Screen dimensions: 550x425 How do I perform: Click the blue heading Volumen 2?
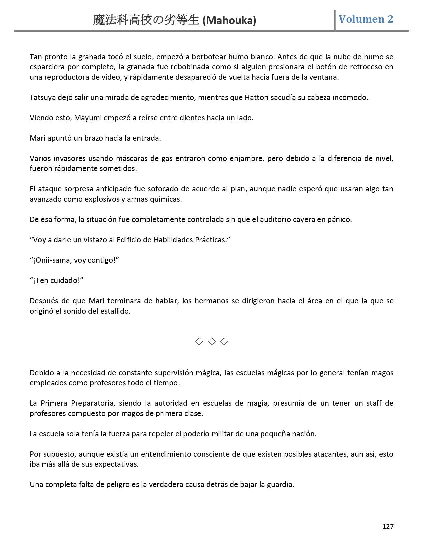click(366, 19)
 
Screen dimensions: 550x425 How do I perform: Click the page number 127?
click(388, 527)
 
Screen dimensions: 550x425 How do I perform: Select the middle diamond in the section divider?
click(212, 341)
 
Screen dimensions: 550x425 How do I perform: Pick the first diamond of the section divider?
click(199, 341)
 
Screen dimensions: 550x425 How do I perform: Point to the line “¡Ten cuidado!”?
click(56, 280)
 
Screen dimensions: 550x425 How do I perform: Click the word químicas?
click(168, 199)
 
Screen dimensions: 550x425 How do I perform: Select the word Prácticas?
click(212, 240)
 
